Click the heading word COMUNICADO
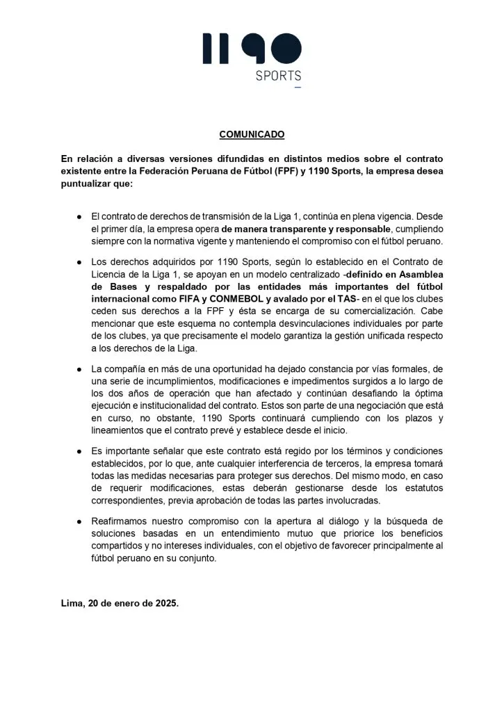coord(252,134)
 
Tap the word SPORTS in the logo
coord(278,76)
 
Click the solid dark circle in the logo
coord(286,48)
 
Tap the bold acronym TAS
coord(331,299)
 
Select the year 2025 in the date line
coord(163,604)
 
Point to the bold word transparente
coord(297,228)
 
